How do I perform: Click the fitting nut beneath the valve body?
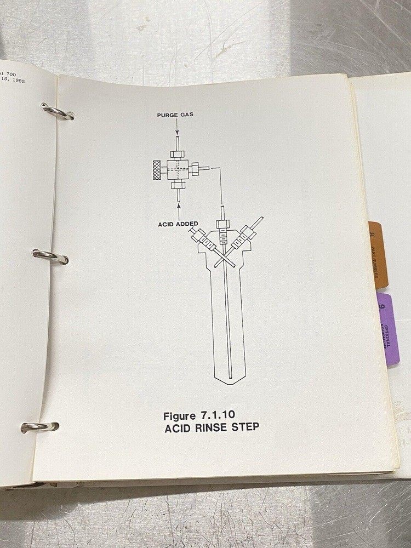pos(177,186)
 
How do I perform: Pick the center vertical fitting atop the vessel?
pos(222,225)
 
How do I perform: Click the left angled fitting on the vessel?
pos(203,240)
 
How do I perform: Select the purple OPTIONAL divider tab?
pos(388,329)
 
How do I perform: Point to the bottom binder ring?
pos(40,426)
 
